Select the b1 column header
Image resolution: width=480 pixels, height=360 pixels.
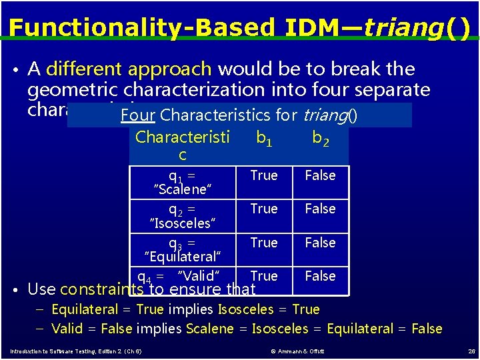point(263,138)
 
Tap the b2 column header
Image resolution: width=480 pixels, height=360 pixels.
point(320,138)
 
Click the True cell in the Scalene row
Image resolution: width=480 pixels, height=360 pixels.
point(263,175)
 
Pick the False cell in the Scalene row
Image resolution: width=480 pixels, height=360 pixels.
point(320,175)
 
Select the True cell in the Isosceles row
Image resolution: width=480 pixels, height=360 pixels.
point(263,209)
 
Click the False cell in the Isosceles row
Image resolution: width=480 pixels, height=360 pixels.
point(320,209)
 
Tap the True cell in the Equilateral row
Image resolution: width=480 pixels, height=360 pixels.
point(263,243)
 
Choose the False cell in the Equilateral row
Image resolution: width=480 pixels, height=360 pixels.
point(320,243)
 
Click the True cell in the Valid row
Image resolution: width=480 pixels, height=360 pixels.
point(264,276)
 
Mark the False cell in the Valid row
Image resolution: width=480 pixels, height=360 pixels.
point(320,276)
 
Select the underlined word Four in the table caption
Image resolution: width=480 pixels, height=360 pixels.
point(138,115)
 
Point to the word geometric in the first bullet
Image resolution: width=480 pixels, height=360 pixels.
point(74,89)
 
